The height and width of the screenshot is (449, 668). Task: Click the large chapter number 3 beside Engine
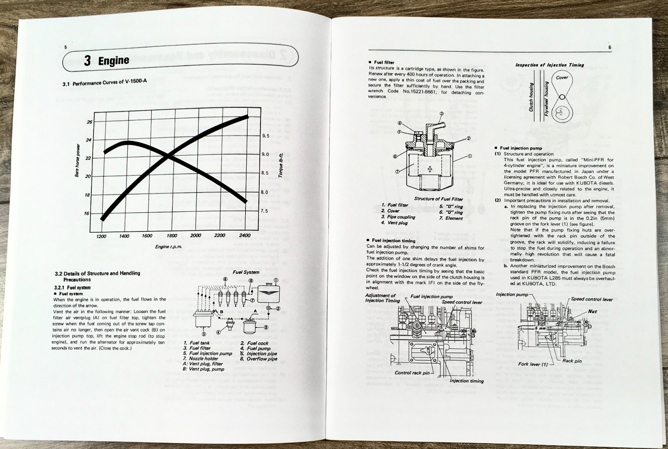(87, 61)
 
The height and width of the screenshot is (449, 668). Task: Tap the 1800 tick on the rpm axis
(172, 236)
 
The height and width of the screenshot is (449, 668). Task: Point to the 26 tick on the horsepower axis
(89, 122)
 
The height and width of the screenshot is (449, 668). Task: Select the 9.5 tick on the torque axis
(266, 136)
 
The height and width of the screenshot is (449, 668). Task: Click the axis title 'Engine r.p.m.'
(169, 247)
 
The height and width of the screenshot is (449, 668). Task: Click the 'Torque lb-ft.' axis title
(281, 166)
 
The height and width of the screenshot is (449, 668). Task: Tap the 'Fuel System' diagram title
(246, 272)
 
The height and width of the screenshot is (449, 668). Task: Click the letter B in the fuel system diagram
(222, 312)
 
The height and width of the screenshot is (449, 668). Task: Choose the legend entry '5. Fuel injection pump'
(207, 353)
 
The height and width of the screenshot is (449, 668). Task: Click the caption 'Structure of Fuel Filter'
(438, 199)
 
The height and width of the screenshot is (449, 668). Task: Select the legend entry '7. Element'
(451, 218)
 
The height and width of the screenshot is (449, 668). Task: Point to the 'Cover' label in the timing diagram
(562, 78)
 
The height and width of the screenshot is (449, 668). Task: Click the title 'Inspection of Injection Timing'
(549, 65)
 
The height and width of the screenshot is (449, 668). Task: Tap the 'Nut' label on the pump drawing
(592, 312)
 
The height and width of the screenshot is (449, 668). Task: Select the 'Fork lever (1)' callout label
(533, 364)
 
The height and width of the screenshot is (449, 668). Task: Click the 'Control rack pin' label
(412, 373)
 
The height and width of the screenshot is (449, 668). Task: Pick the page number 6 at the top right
(610, 48)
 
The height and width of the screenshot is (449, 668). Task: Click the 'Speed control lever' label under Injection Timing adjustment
(462, 302)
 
